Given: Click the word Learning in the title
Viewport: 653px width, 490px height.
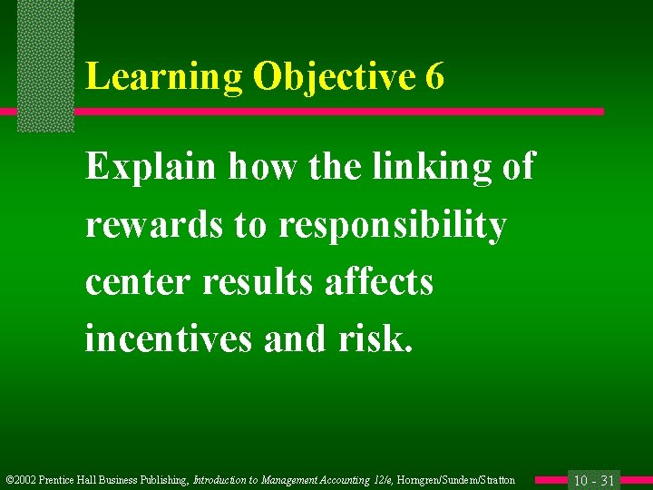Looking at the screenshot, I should click(163, 78).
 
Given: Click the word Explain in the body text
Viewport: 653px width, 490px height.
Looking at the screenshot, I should click(151, 168).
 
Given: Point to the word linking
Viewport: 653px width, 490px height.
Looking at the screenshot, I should click(413, 168).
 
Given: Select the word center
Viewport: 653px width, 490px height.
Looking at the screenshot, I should click(139, 282).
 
